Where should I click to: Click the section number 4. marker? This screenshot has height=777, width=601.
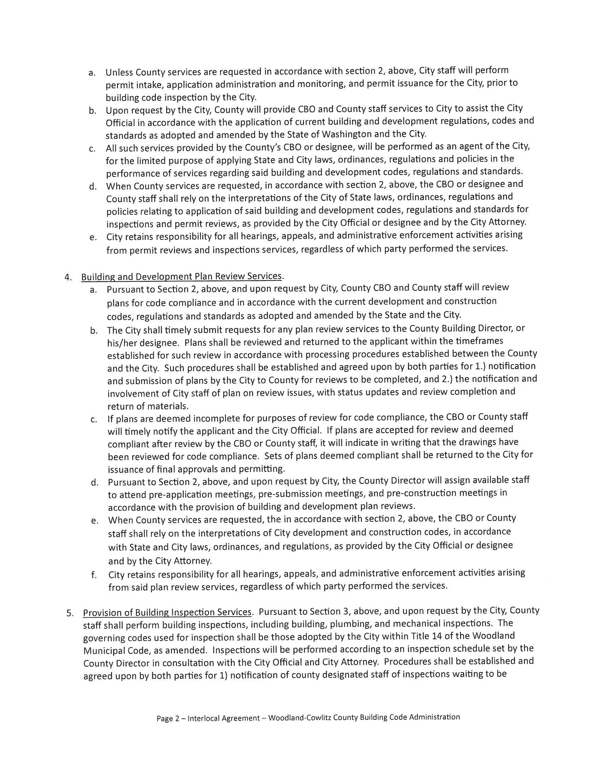pyautogui.click(x=68, y=278)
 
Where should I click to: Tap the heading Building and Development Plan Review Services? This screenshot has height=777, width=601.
pyautogui.click(x=182, y=277)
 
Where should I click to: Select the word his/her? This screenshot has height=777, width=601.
pyautogui.click(x=121, y=342)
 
